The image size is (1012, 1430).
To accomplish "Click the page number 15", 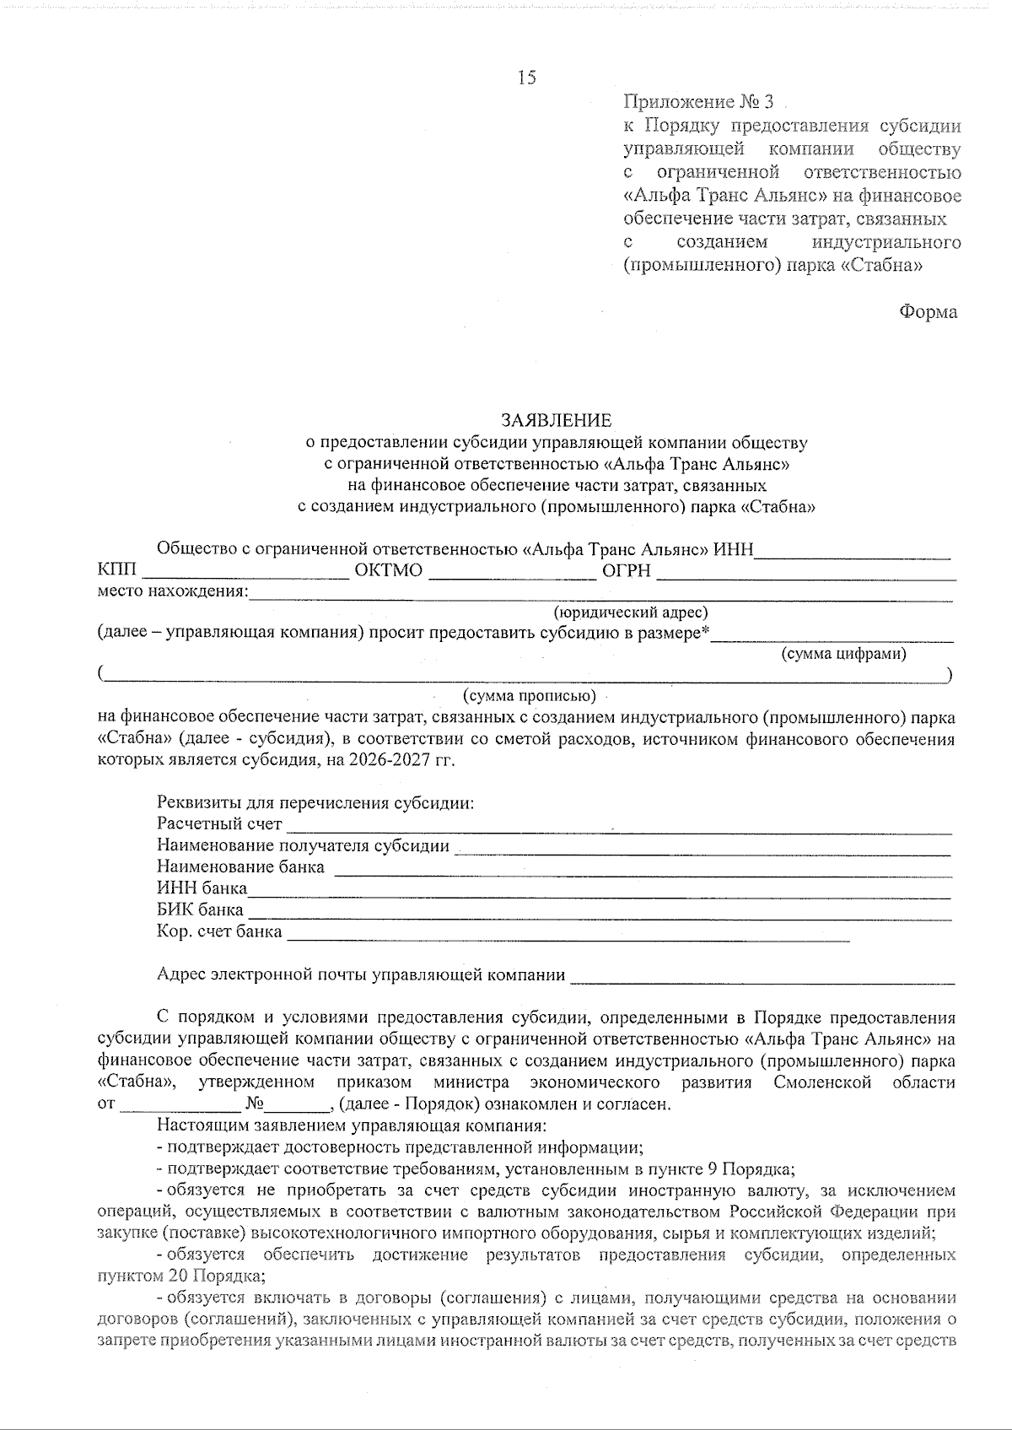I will [526, 78].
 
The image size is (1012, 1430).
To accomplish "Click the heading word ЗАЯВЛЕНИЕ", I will [557, 419].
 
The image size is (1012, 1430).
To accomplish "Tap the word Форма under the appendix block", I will [928, 311].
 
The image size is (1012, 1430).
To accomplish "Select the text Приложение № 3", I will [697, 103].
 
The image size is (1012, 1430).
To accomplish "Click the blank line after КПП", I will [247, 576].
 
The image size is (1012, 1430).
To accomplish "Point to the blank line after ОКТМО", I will [513, 576].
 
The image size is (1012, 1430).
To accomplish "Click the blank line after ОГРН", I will [805, 576].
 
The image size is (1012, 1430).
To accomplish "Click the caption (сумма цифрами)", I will [844, 654].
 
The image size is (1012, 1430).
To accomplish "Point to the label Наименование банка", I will [240, 866].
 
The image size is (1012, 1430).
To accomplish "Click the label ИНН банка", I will [202, 888].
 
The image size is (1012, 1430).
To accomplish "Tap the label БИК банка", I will [200, 910].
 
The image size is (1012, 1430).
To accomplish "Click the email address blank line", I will [763, 981].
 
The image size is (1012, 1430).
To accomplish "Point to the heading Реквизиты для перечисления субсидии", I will [315, 802].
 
